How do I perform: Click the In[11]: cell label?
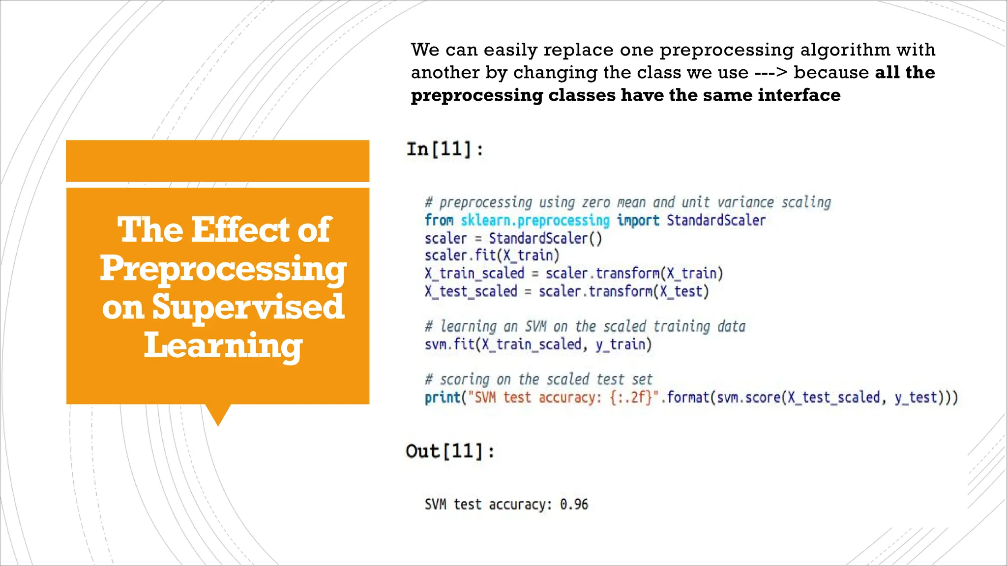point(445,149)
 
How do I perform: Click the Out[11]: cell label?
point(450,451)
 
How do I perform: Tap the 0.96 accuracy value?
point(574,505)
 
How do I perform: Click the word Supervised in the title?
point(247,307)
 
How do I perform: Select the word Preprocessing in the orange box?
point(223,269)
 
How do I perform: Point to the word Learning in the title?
point(223,345)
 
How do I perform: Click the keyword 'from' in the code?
point(439,220)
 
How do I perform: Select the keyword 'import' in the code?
point(638,220)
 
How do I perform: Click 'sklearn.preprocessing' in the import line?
point(535,220)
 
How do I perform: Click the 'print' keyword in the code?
point(442,397)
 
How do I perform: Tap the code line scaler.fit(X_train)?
point(492,255)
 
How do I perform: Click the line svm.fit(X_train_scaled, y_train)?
point(538,344)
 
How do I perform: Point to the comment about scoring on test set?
point(538,379)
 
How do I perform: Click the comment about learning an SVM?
point(585,326)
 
